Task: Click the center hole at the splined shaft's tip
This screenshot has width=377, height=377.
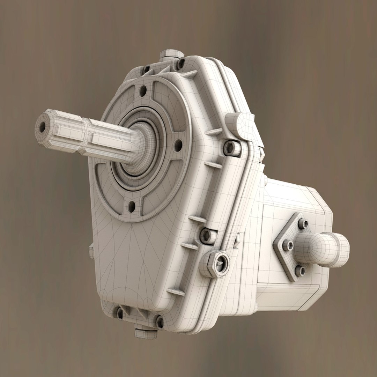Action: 43,127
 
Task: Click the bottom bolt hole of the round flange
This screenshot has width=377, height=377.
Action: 132,206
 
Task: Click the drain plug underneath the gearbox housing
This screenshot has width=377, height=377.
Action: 146,331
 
